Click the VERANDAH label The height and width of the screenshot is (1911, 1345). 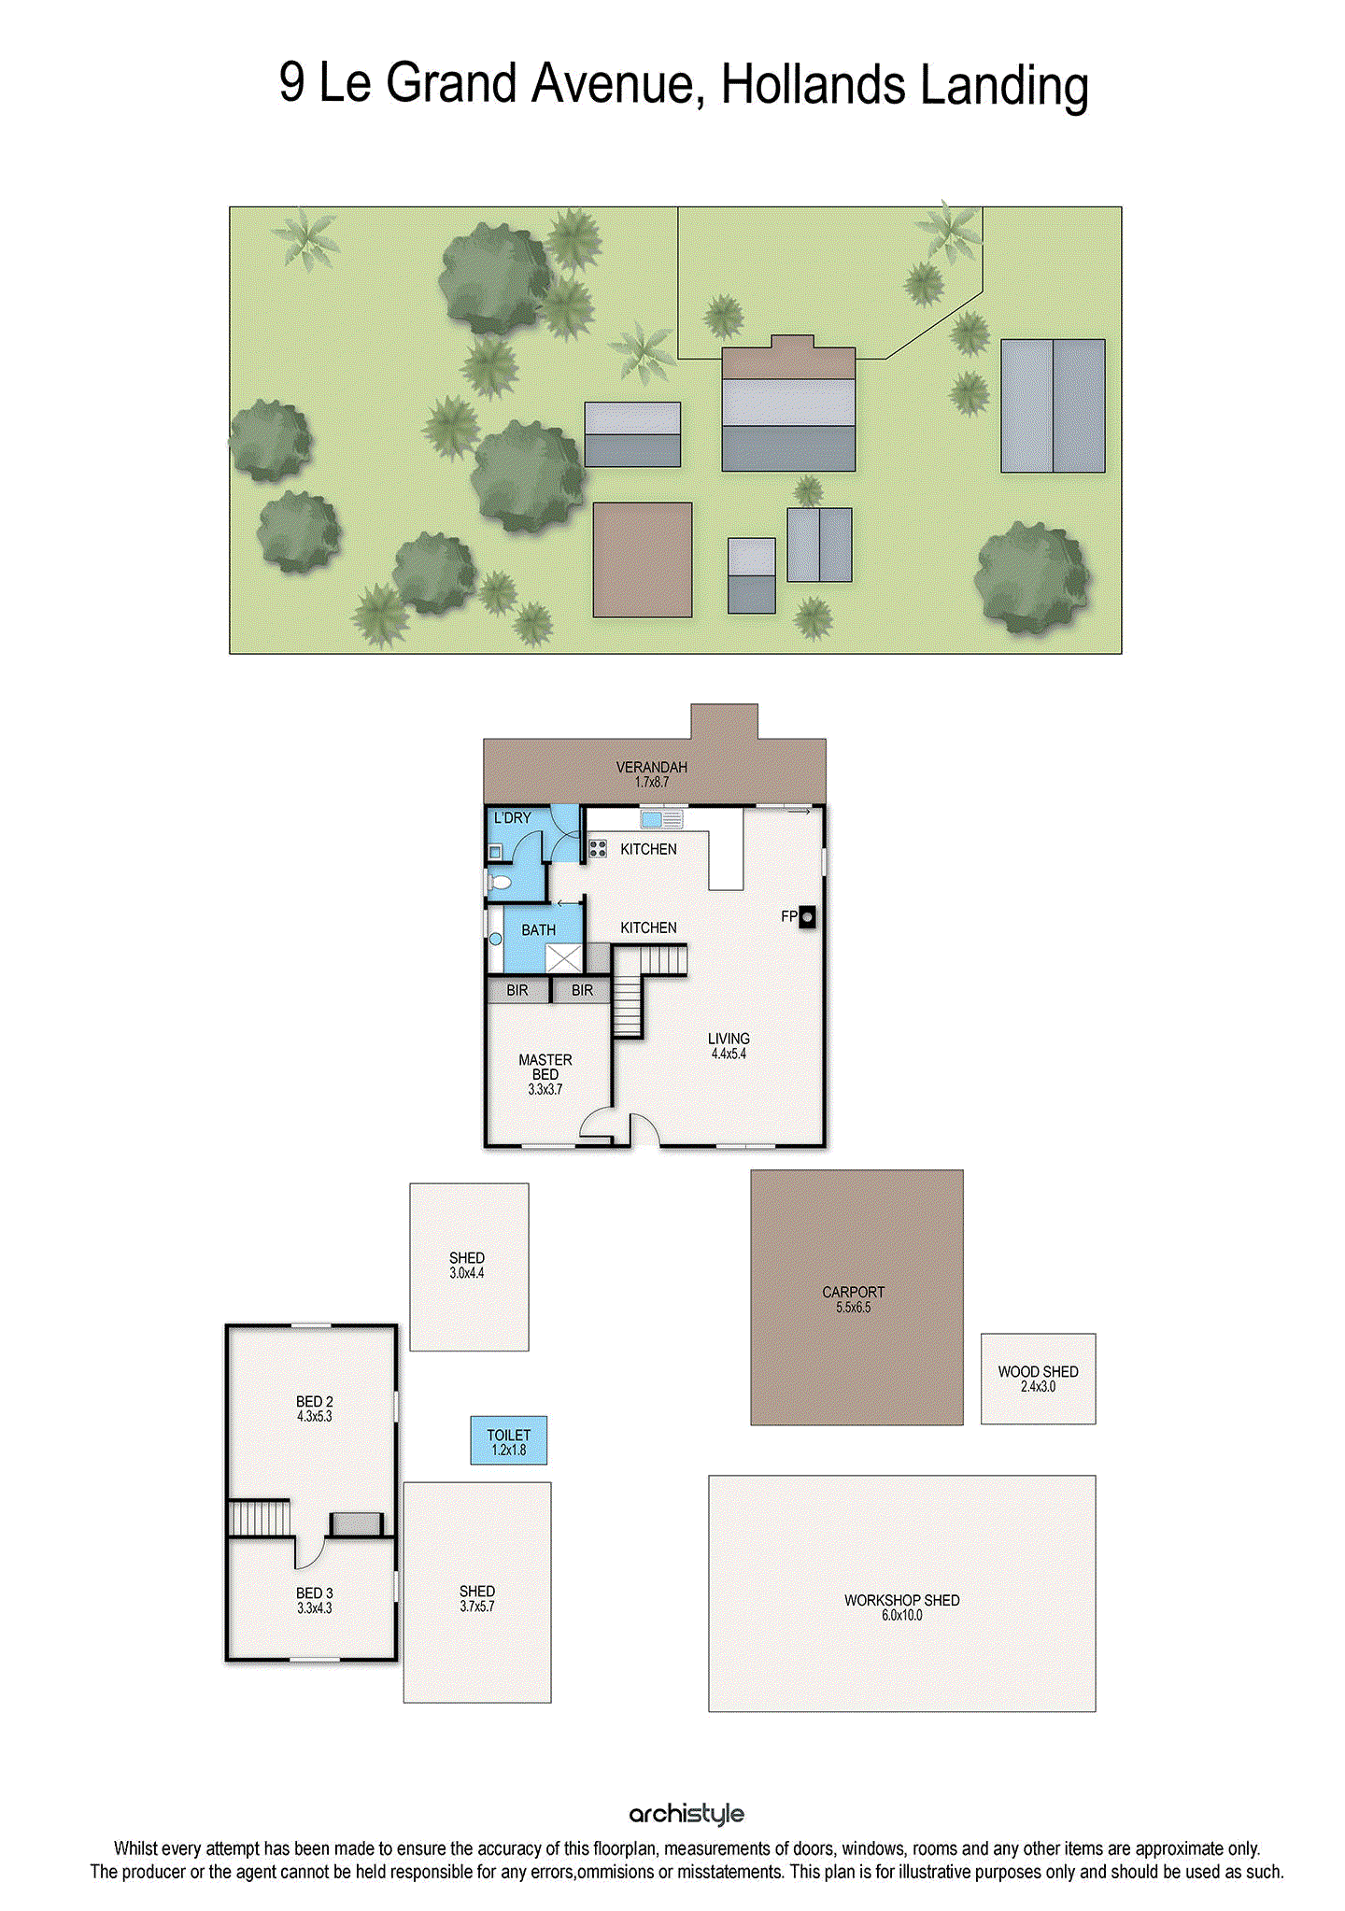point(651,767)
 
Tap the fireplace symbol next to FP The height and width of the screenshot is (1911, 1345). point(807,916)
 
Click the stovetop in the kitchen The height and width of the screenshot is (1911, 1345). point(598,849)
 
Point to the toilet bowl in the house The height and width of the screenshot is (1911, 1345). point(500,882)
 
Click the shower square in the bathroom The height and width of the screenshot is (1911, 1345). point(563,958)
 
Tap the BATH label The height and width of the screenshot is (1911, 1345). point(538,930)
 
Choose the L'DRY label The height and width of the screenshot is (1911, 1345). point(512,818)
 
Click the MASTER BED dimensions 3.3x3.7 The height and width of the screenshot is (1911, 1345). point(545,1089)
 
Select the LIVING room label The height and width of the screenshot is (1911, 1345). point(729,1039)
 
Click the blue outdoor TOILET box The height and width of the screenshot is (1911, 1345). point(508,1440)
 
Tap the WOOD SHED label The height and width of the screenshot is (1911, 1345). point(1038,1371)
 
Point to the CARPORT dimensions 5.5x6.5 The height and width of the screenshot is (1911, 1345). point(853,1308)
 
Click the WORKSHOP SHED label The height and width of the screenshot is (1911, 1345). point(901,1600)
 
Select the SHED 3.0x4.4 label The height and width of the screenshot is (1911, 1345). point(467,1258)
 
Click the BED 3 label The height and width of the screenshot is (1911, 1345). point(314,1592)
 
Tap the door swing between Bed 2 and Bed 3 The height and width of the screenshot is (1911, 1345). point(310,1552)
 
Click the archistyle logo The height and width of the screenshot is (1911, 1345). point(687,1814)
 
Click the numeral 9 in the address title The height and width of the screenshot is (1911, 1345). point(291,82)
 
